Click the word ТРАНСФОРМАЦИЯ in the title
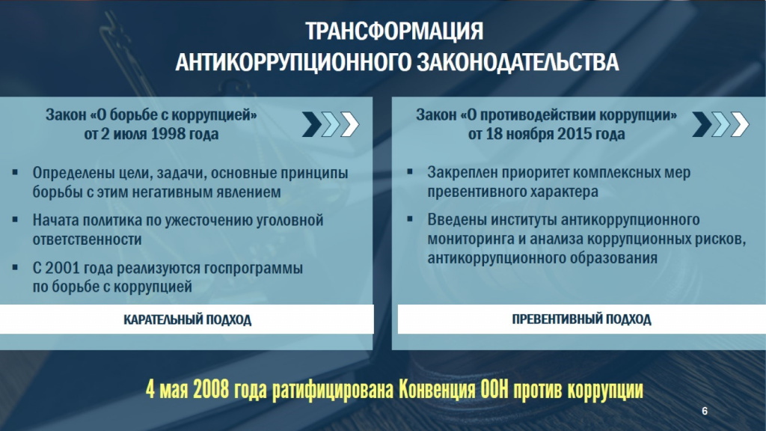coord(394,31)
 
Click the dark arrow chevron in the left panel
coord(312,124)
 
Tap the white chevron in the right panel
coord(740,124)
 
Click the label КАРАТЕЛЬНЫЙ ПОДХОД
coord(187,320)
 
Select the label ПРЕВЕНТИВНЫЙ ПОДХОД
coord(581,319)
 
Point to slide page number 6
coord(705,411)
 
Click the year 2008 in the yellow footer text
coord(211,390)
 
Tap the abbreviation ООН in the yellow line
coord(494,390)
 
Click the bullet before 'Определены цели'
coord(15,173)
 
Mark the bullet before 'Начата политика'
coord(15,220)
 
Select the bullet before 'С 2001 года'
coord(15,267)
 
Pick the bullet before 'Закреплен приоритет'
coord(410,172)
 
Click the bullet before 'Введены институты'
coord(410,219)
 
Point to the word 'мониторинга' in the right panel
coord(471,239)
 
